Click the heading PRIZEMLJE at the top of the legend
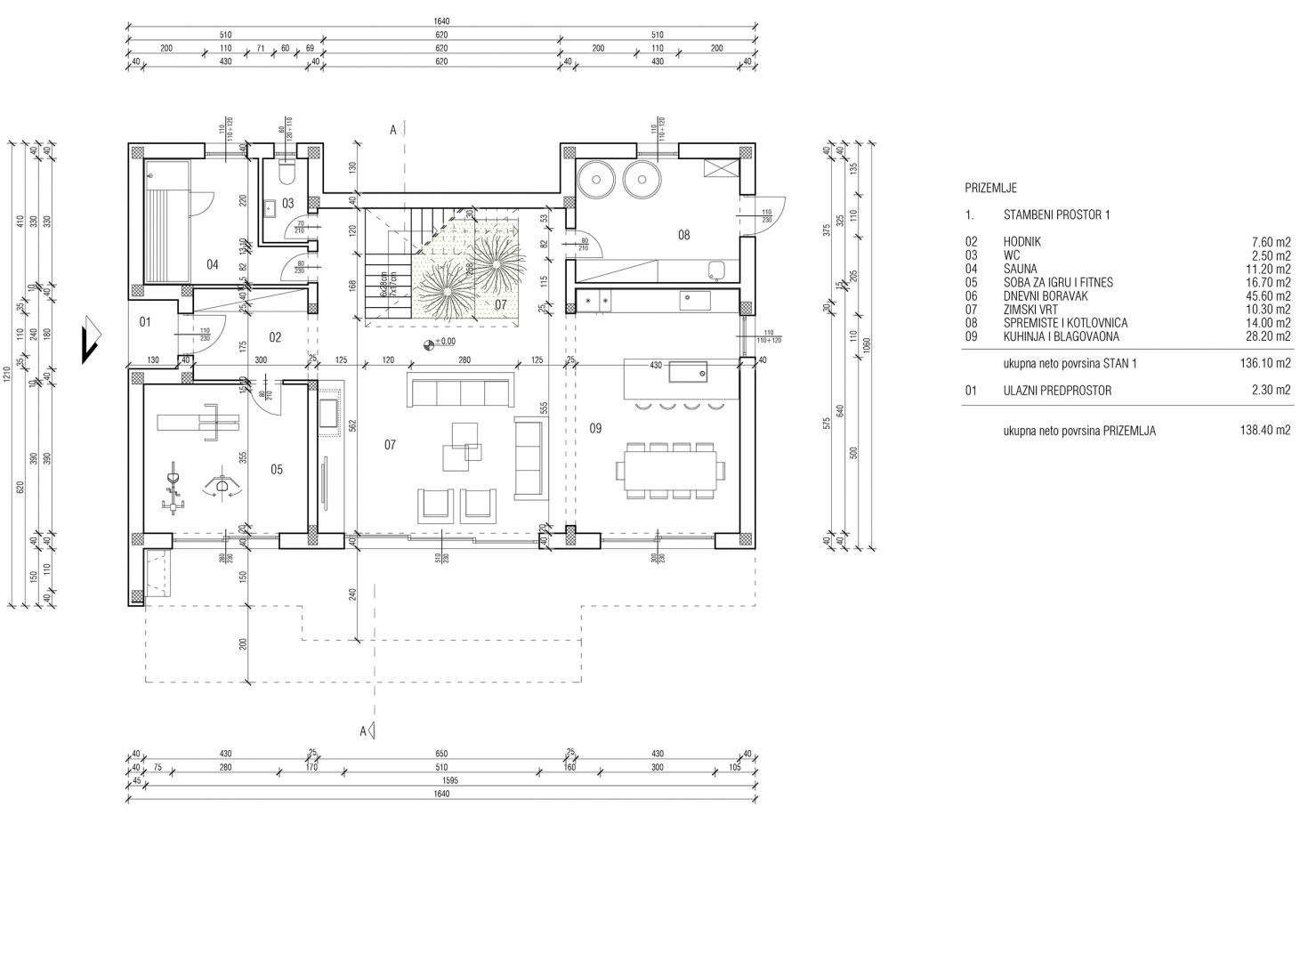[990, 188]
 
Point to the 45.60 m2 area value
[1270, 296]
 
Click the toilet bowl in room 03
[287, 173]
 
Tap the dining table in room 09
[671, 470]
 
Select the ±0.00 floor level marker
[441, 342]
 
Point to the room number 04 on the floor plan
[212, 264]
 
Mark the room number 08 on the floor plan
[683, 236]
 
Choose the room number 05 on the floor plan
[277, 469]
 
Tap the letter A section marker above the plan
[392, 130]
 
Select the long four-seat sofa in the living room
[460, 390]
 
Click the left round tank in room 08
[597, 180]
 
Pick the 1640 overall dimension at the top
[442, 23]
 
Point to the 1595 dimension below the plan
[442, 780]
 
